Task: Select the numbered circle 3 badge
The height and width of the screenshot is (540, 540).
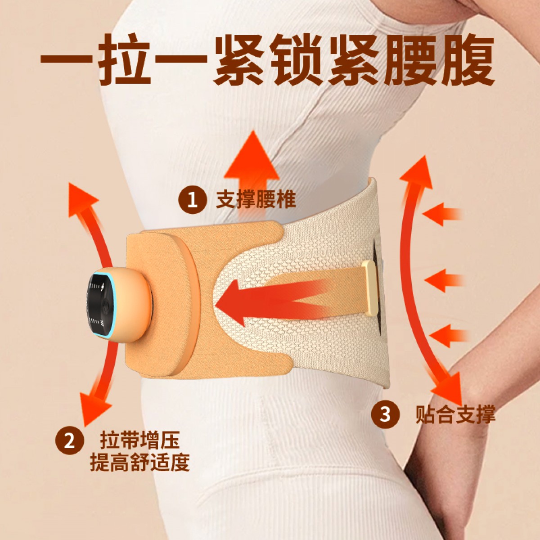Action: coord(385,414)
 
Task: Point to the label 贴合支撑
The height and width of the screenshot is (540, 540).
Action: coord(455,414)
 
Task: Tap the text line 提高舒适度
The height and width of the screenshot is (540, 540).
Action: coord(140,463)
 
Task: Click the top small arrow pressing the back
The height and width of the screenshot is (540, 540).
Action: coord(442,214)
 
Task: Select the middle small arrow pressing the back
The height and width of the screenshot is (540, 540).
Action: coord(444,280)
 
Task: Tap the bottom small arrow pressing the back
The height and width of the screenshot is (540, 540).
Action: coord(448,335)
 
